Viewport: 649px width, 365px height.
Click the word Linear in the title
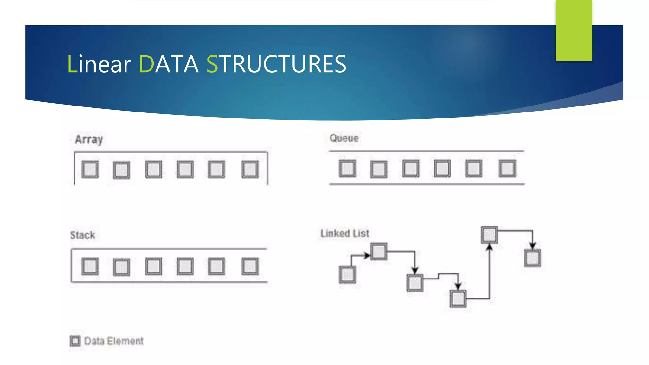click(99, 64)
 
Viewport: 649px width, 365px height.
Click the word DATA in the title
click(169, 64)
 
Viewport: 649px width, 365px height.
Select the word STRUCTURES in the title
click(276, 64)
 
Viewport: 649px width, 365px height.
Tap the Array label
click(89, 139)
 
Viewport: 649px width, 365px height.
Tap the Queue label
click(344, 138)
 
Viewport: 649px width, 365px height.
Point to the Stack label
click(82, 235)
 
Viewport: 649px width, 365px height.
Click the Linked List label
click(344, 234)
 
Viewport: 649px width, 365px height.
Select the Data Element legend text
click(114, 341)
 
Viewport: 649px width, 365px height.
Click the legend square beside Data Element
click(75, 341)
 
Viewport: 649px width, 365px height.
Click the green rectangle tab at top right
click(574, 30)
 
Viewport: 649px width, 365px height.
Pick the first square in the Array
click(90, 170)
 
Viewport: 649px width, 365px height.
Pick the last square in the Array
click(250, 170)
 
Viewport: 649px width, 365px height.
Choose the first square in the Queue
click(347, 168)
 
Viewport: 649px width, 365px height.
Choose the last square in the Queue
click(507, 168)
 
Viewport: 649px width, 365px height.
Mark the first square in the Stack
click(90, 266)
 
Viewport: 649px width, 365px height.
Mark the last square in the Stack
click(250, 266)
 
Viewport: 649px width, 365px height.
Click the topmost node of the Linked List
click(489, 235)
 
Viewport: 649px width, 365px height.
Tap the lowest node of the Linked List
click(458, 298)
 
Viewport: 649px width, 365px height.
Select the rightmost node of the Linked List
click(532, 258)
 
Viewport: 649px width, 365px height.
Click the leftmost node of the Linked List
click(347, 274)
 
